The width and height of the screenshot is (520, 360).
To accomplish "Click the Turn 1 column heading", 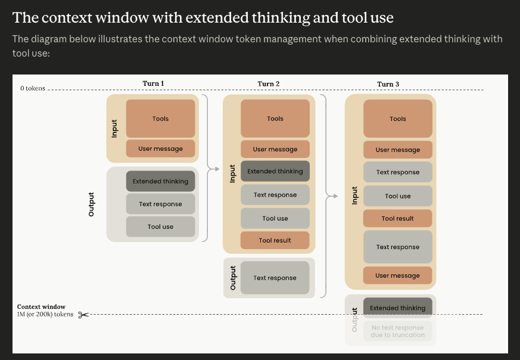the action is click(x=153, y=83).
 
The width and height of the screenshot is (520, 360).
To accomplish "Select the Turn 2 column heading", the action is click(x=269, y=83).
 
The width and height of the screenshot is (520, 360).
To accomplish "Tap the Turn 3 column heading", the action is click(x=388, y=84).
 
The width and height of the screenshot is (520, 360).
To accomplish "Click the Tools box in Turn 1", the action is click(x=160, y=119).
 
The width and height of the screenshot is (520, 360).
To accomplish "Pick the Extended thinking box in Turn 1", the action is click(x=160, y=181).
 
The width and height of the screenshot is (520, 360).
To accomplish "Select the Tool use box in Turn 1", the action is click(x=160, y=226).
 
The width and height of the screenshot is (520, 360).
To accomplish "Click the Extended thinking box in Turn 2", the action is click(x=275, y=171).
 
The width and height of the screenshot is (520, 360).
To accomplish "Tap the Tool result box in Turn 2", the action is click(x=275, y=240).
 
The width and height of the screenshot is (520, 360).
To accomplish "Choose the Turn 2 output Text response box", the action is click(x=275, y=278).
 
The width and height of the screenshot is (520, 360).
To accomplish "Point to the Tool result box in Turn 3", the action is click(x=398, y=218).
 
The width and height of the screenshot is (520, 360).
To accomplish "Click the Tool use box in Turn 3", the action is click(x=398, y=196).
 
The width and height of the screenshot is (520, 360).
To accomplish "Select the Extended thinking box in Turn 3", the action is click(x=398, y=308).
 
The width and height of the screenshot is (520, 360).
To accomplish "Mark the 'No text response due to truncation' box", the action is click(x=398, y=331).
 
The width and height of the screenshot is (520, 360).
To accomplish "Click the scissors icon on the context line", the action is click(x=83, y=315).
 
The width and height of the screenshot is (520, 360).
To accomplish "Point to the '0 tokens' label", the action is click(x=33, y=88).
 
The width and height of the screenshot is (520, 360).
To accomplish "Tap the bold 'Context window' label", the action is click(x=41, y=306).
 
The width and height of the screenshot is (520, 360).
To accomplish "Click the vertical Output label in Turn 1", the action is click(x=91, y=204).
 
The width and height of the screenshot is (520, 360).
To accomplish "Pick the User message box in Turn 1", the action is click(x=160, y=148).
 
